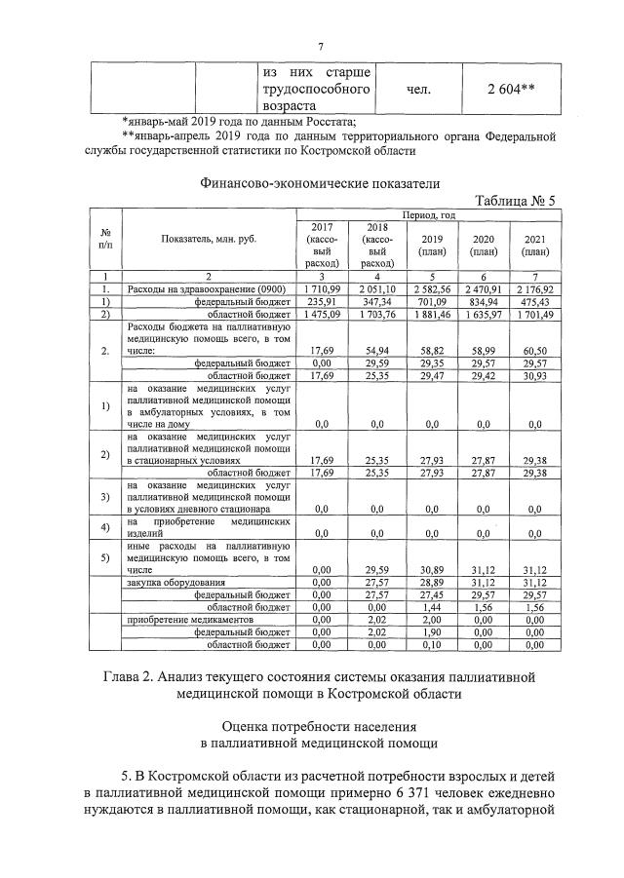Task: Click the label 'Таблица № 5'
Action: pos(515,201)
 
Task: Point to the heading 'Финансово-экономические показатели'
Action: pos(320,182)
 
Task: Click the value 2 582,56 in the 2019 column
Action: pos(427,289)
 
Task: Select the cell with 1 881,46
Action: pos(427,315)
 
